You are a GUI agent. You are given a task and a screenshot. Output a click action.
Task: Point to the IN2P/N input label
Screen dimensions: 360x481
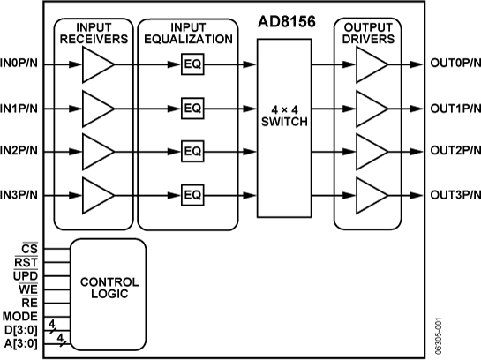[19, 151]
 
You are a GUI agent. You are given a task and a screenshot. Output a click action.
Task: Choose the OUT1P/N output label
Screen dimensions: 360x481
[455, 108]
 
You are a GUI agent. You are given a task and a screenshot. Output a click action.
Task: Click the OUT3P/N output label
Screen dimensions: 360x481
[455, 194]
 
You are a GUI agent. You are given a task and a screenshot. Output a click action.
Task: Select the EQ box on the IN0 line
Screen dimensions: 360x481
[192, 64]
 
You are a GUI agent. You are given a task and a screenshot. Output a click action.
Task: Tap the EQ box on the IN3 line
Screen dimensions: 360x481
[192, 194]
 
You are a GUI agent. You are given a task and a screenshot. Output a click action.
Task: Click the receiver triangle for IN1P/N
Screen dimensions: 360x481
[96, 108]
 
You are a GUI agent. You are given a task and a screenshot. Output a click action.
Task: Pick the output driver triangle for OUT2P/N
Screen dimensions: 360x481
[370, 151]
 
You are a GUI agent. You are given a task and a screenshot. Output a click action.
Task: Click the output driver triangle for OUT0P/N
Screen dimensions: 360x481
[370, 64]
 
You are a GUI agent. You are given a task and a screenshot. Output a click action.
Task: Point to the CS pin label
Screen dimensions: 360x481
[30, 250]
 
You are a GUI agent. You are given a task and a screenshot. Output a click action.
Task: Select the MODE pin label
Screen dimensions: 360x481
[19, 316]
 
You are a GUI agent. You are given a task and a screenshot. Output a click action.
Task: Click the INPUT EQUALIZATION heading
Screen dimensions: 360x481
[188, 34]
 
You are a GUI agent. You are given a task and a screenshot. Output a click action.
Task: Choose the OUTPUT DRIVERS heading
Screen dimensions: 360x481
[373, 34]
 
